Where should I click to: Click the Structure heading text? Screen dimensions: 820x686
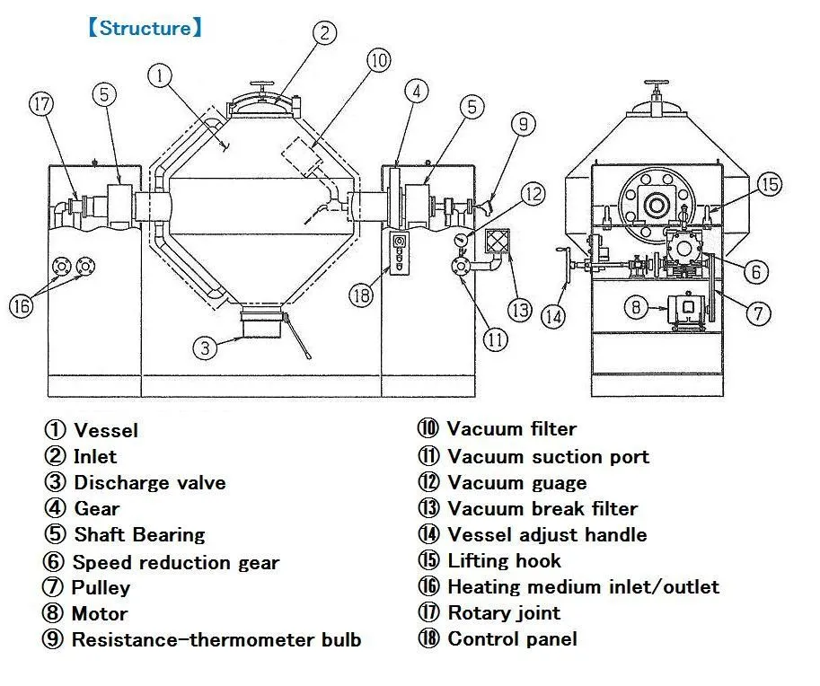pos(145,28)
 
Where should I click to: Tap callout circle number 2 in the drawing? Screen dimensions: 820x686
pos(325,32)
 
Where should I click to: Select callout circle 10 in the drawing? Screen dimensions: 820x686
pos(379,60)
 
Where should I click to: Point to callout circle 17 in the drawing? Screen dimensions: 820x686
pos(41,103)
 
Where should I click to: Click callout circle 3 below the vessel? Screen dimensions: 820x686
pos(205,347)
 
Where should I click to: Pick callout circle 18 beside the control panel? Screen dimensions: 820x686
pos(361,296)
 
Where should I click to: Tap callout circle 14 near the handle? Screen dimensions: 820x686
pos(553,315)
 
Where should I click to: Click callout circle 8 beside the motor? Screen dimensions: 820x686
pos(636,307)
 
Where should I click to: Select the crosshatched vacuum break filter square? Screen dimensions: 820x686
pos(497,242)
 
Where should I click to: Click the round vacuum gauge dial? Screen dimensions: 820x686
pos(461,240)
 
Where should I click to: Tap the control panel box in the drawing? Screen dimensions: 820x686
pos(399,251)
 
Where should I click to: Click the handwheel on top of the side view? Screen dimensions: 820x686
pos(657,84)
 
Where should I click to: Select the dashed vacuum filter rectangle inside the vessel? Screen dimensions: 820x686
pos(303,155)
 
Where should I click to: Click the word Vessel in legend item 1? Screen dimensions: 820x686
pos(106,430)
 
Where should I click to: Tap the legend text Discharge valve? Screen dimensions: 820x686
pos(150,482)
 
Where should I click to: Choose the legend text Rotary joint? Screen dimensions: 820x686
pos(504,612)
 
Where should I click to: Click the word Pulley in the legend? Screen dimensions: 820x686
pos(101,588)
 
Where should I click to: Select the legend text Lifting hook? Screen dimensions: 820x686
pos(504,560)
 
